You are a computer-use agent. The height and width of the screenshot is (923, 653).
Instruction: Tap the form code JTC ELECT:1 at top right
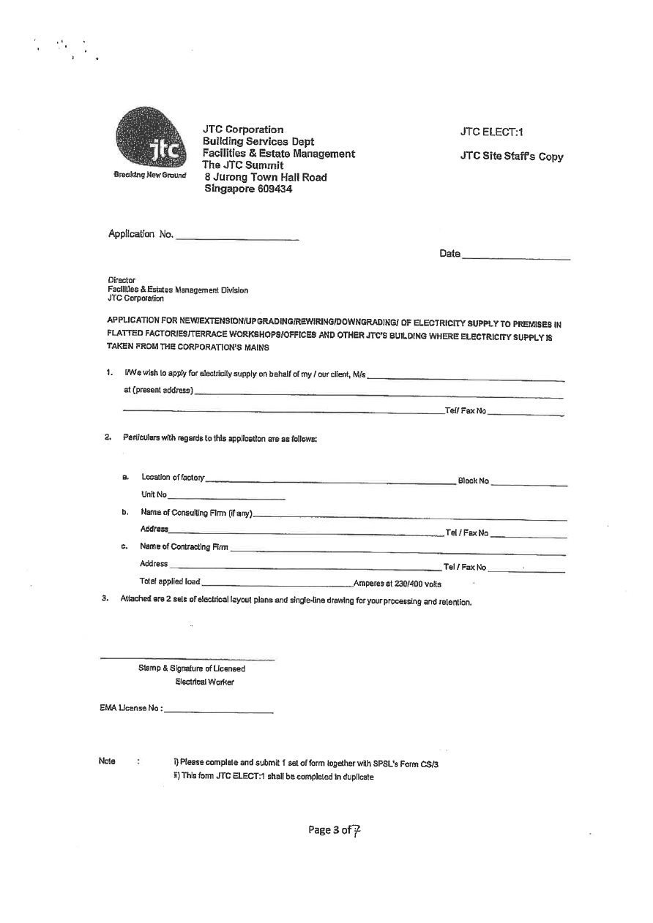point(492,132)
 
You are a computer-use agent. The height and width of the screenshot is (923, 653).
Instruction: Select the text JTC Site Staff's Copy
point(512,156)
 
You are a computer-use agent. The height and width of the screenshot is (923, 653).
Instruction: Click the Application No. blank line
point(237,237)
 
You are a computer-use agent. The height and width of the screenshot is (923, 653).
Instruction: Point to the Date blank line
point(516,256)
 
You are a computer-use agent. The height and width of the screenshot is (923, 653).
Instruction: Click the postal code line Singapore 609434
point(248,189)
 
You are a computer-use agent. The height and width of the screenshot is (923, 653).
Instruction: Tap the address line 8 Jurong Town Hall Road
point(266,177)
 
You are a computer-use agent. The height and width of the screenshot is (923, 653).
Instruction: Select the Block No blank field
point(529,483)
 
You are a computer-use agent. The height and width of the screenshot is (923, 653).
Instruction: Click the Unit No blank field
point(226,497)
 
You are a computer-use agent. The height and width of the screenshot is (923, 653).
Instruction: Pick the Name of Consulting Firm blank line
point(410,517)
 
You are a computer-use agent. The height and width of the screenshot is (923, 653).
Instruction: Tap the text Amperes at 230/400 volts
point(398,584)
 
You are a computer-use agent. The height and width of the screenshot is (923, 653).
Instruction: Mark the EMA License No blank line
point(219,711)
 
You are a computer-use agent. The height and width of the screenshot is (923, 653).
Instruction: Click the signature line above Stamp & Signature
point(187,658)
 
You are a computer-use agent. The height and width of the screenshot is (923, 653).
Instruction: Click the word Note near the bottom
point(107,761)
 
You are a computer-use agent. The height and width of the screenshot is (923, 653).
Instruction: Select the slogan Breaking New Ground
point(150,175)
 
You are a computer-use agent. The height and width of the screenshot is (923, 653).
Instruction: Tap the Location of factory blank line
point(330,481)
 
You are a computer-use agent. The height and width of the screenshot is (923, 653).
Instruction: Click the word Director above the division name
point(122,280)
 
